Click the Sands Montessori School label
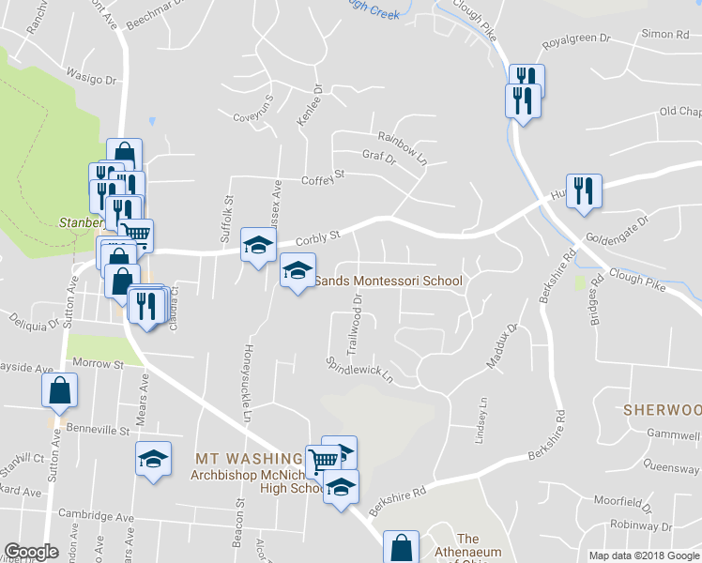[x=388, y=281]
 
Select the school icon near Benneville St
[x=153, y=459]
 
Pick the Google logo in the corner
[x=32, y=553]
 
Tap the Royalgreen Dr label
[x=577, y=40]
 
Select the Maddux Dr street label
[x=501, y=346]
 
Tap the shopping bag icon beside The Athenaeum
[x=402, y=546]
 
